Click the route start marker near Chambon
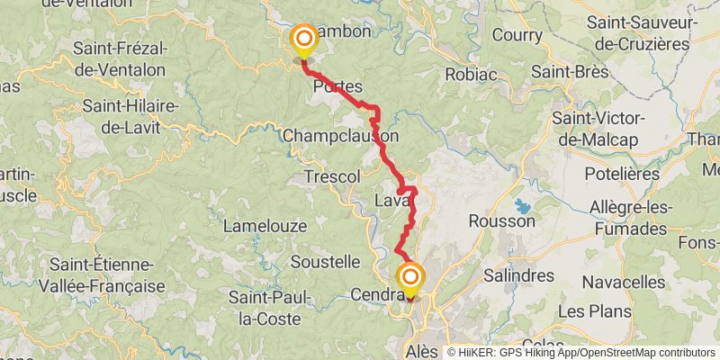pos(304,39)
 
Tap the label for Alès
pos(421,350)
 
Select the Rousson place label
pos(501,220)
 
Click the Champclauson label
pos(340,135)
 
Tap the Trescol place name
pos(332,175)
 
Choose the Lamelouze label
pos(265,225)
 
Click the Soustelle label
pos(325,262)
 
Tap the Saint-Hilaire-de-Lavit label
pos(131,116)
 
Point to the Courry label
pos(517,36)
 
